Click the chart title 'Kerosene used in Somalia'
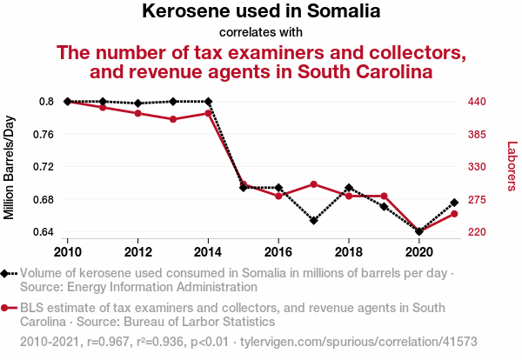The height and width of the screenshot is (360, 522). (x=261, y=12)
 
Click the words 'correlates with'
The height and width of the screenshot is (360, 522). (x=261, y=33)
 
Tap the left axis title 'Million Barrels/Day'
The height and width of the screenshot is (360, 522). (x=10, y=167)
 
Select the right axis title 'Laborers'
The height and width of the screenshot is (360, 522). (x=512, y=166)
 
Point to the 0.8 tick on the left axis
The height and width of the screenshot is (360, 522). (x=46, y=102)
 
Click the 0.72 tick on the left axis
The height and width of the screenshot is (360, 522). (x=43, y=167)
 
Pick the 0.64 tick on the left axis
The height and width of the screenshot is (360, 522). (x=43, y=232)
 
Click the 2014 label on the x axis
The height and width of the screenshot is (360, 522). (x=208, y=252)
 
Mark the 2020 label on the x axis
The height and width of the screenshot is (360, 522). (x=419, y=252)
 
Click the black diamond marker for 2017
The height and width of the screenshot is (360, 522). (x=313, y=220)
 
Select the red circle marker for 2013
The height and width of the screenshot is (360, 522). (x=173, y=119)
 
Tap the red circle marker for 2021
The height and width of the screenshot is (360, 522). (x=454, y=214)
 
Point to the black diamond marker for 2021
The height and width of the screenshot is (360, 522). (x=454, y=203)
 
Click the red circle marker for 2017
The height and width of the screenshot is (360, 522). (x=313, y=184)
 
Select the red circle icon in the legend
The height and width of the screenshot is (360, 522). (x=6, y=307)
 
